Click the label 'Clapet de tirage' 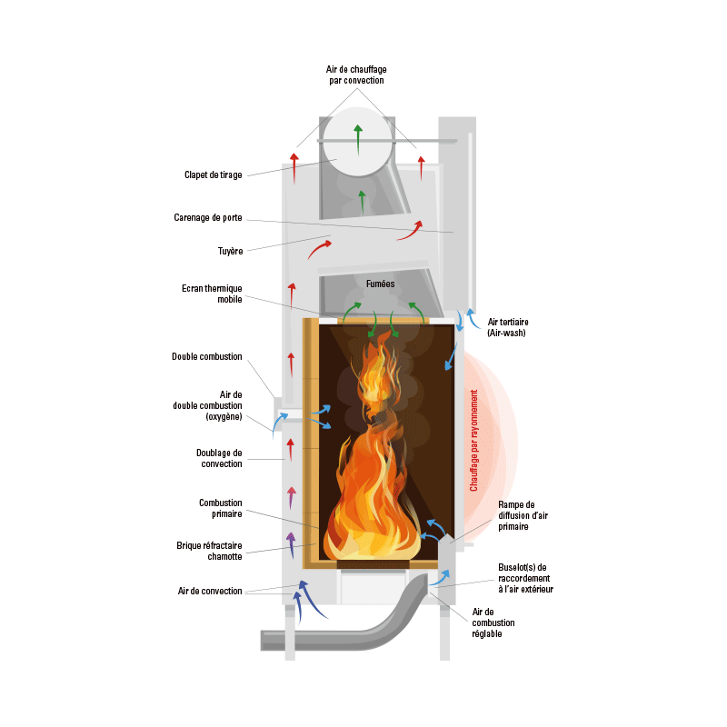(x=214, y=174)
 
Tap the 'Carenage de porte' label (x=208, y=217)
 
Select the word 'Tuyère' (x=231, y=251)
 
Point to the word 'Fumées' (x=380, y=284)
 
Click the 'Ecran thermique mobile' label (x=212, y=294)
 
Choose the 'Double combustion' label (x=207, y=356)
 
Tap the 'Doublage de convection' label (x=219, y=458)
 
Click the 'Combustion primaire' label (x=220, y=508)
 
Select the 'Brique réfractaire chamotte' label (x=209, y=551)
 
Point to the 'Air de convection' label (x=210, y=591)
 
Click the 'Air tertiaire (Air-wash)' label (x=508, y=327)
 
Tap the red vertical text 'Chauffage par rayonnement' (x=473, y=441)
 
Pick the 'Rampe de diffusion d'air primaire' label (x=523, y=515)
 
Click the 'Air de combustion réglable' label (x=493, y=622)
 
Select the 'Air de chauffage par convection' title (x=356, y=75)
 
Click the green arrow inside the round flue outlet (x=358, y=140)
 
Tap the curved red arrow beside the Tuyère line (x=319, y=249)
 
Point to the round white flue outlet (x=357, y=142)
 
